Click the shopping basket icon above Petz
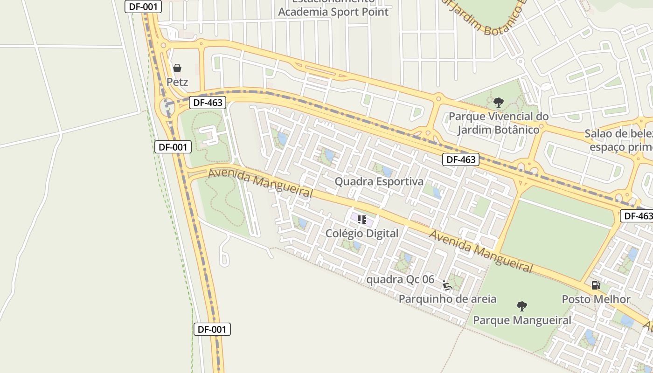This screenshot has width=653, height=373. pos(177,68)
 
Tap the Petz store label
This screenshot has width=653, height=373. pos(177,82)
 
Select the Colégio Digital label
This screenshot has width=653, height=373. pos(362,233)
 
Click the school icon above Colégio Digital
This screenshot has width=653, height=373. pos(362,219)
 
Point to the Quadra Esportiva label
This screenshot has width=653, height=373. pos(379,181)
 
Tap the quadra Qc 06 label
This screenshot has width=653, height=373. pos(400,280)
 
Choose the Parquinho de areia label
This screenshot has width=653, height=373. pos(447,298)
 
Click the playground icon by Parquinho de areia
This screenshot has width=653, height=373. pos(447,285)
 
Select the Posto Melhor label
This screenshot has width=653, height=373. pos(596,299)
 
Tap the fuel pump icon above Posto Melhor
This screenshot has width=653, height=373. pos(596,285)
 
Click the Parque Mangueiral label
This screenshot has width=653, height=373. pos(522,320)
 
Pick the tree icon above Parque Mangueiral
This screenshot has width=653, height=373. pos(522,306)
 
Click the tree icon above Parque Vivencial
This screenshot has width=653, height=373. pos(499,102)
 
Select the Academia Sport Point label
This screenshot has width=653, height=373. pos(333,12)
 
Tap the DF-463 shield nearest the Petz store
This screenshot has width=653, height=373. pos(208,103)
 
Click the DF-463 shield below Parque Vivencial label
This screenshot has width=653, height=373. pos(461,159)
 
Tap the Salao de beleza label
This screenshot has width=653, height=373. pos(618,134)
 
